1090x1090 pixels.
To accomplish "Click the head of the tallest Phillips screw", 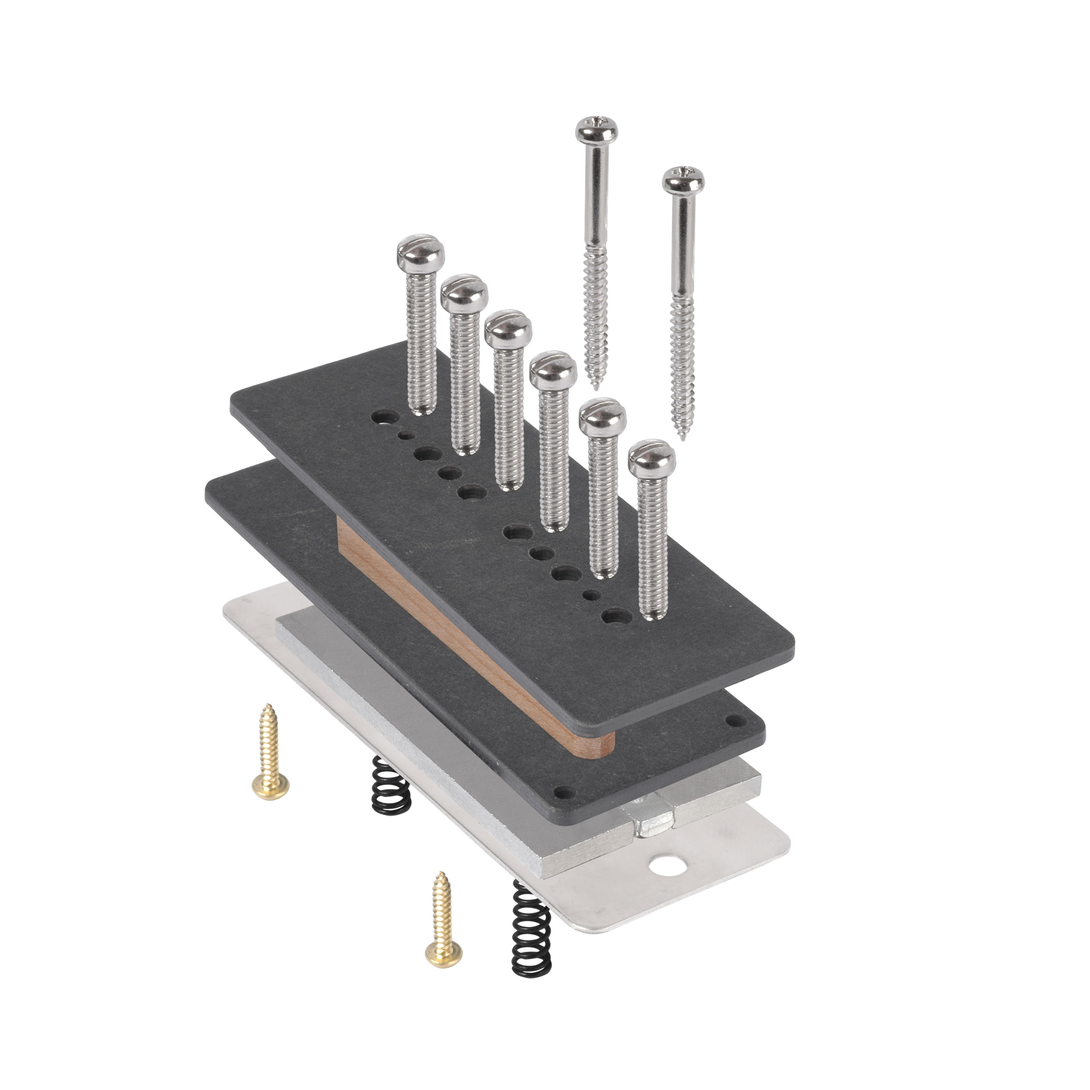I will [x=596, y=130].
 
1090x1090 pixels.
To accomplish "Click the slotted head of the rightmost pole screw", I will [x=651, y=457].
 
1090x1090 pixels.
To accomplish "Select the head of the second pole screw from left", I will [x=464, y=292].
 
